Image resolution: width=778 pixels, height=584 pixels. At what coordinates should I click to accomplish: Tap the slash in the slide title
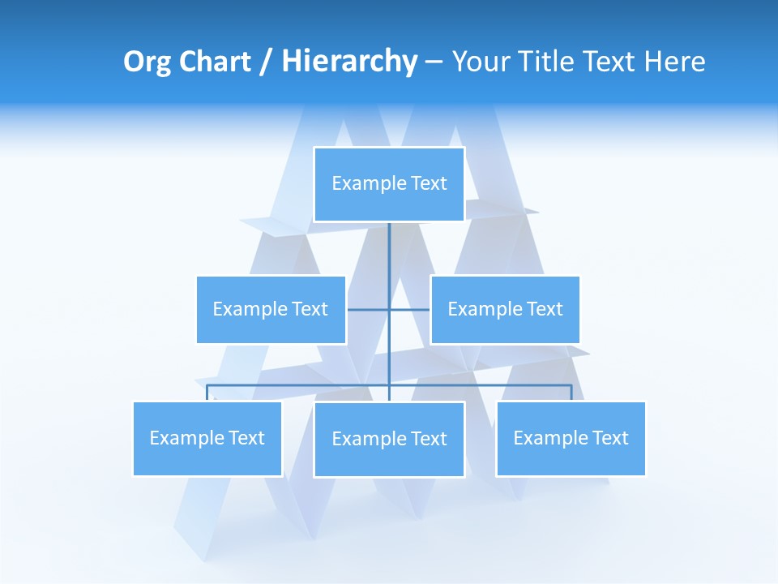click(267, 62)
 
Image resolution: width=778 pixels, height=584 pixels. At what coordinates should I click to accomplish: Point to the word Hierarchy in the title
click(348, 62)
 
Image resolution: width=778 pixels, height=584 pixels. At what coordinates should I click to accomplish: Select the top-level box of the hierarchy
click(389, 184)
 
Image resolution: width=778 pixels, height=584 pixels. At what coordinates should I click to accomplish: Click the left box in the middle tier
click(271, 309)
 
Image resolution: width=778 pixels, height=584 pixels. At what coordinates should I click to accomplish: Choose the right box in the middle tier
click(505, 309)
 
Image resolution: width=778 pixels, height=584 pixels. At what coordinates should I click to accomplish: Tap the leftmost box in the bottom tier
click(207, 438)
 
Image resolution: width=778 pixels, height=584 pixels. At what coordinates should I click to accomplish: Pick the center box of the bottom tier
click(389, 439)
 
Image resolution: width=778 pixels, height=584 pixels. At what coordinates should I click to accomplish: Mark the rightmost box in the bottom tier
click(571, 438)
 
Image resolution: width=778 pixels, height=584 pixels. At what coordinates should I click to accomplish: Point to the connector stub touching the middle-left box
click(367, 310)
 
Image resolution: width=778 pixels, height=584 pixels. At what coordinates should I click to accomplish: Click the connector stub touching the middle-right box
click(410, 310)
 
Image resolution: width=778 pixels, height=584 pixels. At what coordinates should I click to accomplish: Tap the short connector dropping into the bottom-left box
click(207, 393)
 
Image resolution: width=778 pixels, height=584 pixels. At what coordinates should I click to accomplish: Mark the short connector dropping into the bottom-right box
click(571, 393)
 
